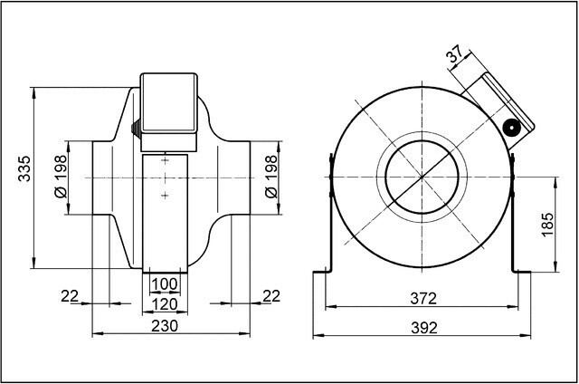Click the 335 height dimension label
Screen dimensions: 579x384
(24, 168)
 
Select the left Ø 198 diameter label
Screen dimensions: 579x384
(61, 177)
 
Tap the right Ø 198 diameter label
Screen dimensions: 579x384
(271, 177)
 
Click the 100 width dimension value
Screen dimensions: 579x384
(165, 284)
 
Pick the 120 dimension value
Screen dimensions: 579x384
(165, 304)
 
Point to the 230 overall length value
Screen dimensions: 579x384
(165, 326)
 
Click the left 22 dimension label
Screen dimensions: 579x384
(70, 296)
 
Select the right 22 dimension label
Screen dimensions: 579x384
(271, 296)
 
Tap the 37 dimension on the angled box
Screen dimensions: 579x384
(454, 54)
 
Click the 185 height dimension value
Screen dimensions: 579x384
(548, 225)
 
